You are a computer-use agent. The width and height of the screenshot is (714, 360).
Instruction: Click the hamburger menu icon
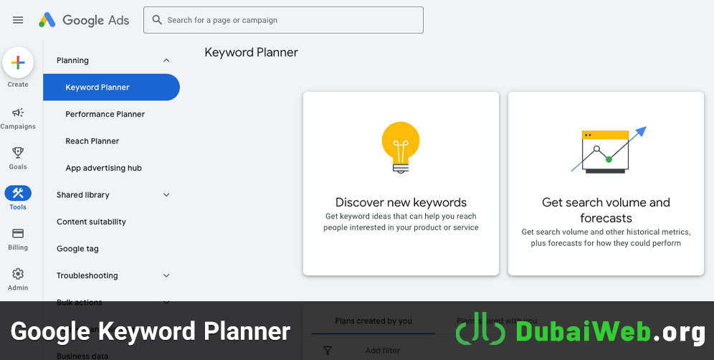[18, 20]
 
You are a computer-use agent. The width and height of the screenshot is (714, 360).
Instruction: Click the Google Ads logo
[85, 20]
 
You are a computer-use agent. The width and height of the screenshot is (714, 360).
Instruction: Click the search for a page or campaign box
[283, 20]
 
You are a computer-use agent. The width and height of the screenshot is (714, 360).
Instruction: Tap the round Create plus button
[18, 63]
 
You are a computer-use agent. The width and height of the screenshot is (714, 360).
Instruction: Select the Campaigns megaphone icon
[18, 113]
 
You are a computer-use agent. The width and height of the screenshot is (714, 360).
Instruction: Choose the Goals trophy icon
[18, 153]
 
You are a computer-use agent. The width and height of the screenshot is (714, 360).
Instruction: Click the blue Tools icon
[18, 193]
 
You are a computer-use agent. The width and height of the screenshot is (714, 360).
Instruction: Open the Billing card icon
[18, 234]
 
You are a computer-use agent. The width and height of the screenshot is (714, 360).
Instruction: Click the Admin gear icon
[18, 274]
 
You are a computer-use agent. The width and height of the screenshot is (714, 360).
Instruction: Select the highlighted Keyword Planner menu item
[98, 87]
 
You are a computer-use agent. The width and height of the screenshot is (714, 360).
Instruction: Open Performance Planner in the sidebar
[105, 114]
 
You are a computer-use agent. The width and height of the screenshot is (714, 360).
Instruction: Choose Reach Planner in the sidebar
[92, 141]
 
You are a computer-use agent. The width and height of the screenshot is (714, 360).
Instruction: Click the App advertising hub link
[104, 168]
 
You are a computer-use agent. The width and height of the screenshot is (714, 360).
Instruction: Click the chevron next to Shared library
[166, 195]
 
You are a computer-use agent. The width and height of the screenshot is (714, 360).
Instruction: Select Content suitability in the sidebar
[92, 222]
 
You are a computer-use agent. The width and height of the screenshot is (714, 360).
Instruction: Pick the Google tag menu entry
[78, 249]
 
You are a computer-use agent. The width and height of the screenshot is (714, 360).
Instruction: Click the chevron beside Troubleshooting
[166, 275]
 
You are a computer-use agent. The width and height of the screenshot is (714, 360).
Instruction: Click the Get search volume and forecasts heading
[606, 210]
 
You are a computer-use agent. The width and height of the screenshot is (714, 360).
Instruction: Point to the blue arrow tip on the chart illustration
[644, 129]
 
